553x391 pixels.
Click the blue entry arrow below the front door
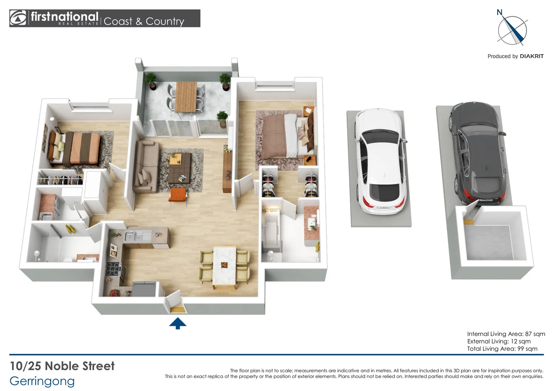tap(178, 323)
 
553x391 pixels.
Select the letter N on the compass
tap(499, 12)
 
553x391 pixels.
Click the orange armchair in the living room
tap(178, 195)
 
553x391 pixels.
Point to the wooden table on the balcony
tap(186, 97)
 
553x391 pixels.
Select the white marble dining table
tap(224, 265)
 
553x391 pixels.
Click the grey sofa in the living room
tap(145, 167)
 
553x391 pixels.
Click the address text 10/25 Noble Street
tap(62, 366)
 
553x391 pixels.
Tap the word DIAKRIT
tap(532, 56)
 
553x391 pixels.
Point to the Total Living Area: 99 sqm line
tap(502, 349)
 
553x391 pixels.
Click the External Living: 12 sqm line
tap(499, 341)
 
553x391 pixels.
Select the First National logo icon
tap(18, 18)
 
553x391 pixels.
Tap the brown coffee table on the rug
tap(180, 168)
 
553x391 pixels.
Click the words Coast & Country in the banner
tap(144, 21)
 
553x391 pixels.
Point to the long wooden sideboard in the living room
tap(227, 171)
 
